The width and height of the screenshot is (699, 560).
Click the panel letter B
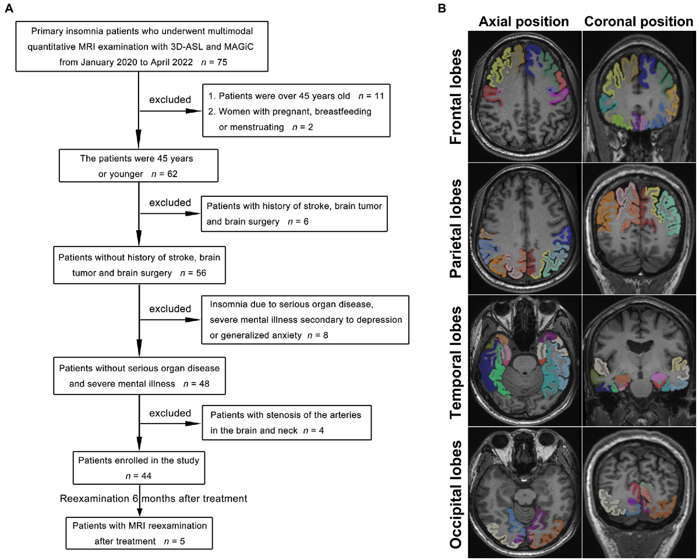(x=442, y=8)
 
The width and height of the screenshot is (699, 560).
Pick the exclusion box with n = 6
(x=294, y=213)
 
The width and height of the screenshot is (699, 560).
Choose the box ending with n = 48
(x=138, y=376)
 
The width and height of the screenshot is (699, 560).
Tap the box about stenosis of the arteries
(x=285, y=423)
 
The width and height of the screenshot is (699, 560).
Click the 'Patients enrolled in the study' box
(x=138, y=468)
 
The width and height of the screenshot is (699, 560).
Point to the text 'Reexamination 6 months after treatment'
(x=154, y=498)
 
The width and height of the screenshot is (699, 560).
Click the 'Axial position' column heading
(x=523, y=22)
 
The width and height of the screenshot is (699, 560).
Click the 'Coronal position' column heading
(x=639, y=22)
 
